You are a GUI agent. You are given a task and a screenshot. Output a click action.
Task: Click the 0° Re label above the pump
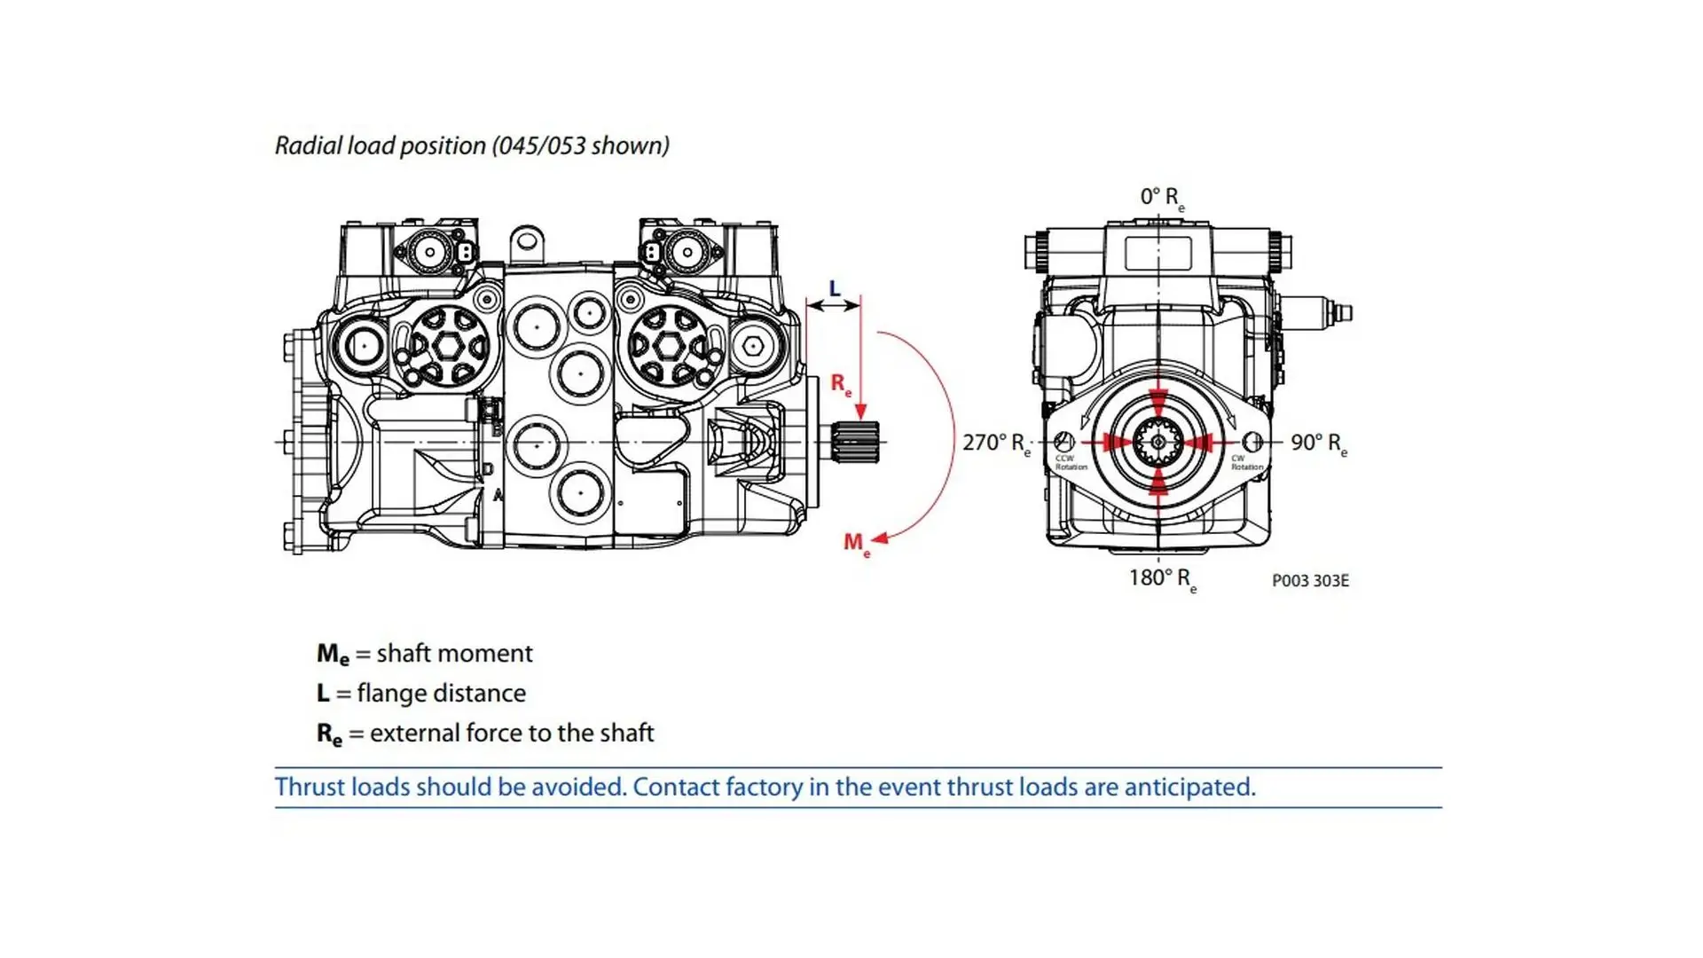1161,198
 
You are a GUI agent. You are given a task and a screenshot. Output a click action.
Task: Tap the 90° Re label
1318,444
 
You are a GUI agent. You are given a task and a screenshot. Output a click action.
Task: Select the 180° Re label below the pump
1162,579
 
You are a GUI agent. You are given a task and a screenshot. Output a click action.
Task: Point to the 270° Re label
996,444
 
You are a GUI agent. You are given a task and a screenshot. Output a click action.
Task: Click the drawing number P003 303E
1310,581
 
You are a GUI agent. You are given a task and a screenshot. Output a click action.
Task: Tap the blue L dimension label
834,289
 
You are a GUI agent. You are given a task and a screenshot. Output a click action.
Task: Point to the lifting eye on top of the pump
527,239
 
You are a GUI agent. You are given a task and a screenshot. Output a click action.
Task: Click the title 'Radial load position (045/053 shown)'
472,145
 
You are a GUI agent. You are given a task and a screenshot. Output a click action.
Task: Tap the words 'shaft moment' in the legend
454,654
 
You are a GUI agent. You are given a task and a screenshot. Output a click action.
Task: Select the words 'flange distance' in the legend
441,694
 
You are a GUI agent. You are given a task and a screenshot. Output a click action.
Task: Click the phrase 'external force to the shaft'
512,734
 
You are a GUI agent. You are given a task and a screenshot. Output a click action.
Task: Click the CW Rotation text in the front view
1246,463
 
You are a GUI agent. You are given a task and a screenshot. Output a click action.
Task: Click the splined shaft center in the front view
1158,442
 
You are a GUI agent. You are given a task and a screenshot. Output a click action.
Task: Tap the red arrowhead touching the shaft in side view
860,412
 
